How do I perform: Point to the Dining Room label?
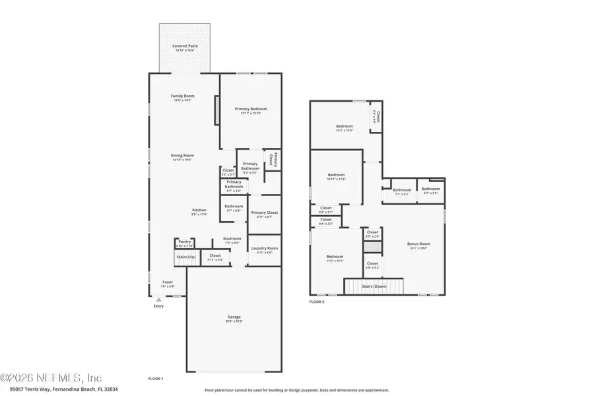pyautogui.click(x=182, y=157)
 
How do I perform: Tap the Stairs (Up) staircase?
pyautogui.click(x=186, y=257)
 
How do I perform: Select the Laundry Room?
pyautogui.click(x=264, y=249)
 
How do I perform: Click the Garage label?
pyautogui.click(x=234, y=318)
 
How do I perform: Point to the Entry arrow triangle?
pyautogui.click(x=158, y=300)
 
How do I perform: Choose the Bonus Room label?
pyautogui.click(x=418, y=246)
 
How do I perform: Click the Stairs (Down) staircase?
pyautogui.click(x=374, y=286)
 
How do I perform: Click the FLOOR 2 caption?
pyautogui.click(x=317, y=302)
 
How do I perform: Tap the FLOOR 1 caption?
pyautogui.click(x=156, y=379)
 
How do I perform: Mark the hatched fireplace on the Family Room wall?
pyautogui.click(x=215, y=110)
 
